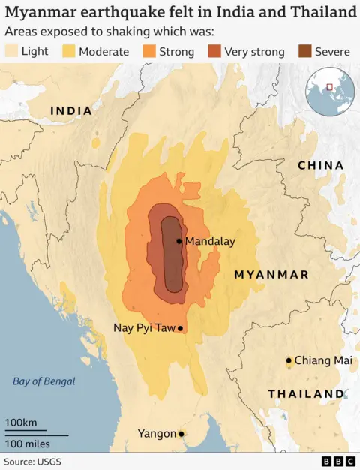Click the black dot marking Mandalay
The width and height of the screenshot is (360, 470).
click(x=178, y=241)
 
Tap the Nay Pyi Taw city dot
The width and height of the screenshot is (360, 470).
click(x=180, y=328)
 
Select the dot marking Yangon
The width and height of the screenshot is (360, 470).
click(x=181, y=434)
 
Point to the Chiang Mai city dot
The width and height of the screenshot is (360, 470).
click(x=289, y=360)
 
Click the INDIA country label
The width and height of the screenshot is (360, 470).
click(x=71, y=111)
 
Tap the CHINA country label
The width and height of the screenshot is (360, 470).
click(x=320, y=165)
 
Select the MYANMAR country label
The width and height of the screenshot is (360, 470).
click(x=271, y=275)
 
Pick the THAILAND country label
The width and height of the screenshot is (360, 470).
click(x=306, y=394)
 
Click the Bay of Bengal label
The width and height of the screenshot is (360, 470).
click(x=44, y=381)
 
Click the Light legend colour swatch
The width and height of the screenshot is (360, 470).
click(x=11, y=52)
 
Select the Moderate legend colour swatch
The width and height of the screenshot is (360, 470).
click(x=68, y=52)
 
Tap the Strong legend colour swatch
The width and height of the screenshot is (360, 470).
click(x=147, y=52)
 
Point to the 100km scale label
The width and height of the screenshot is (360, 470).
click(x=21, y=423)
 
